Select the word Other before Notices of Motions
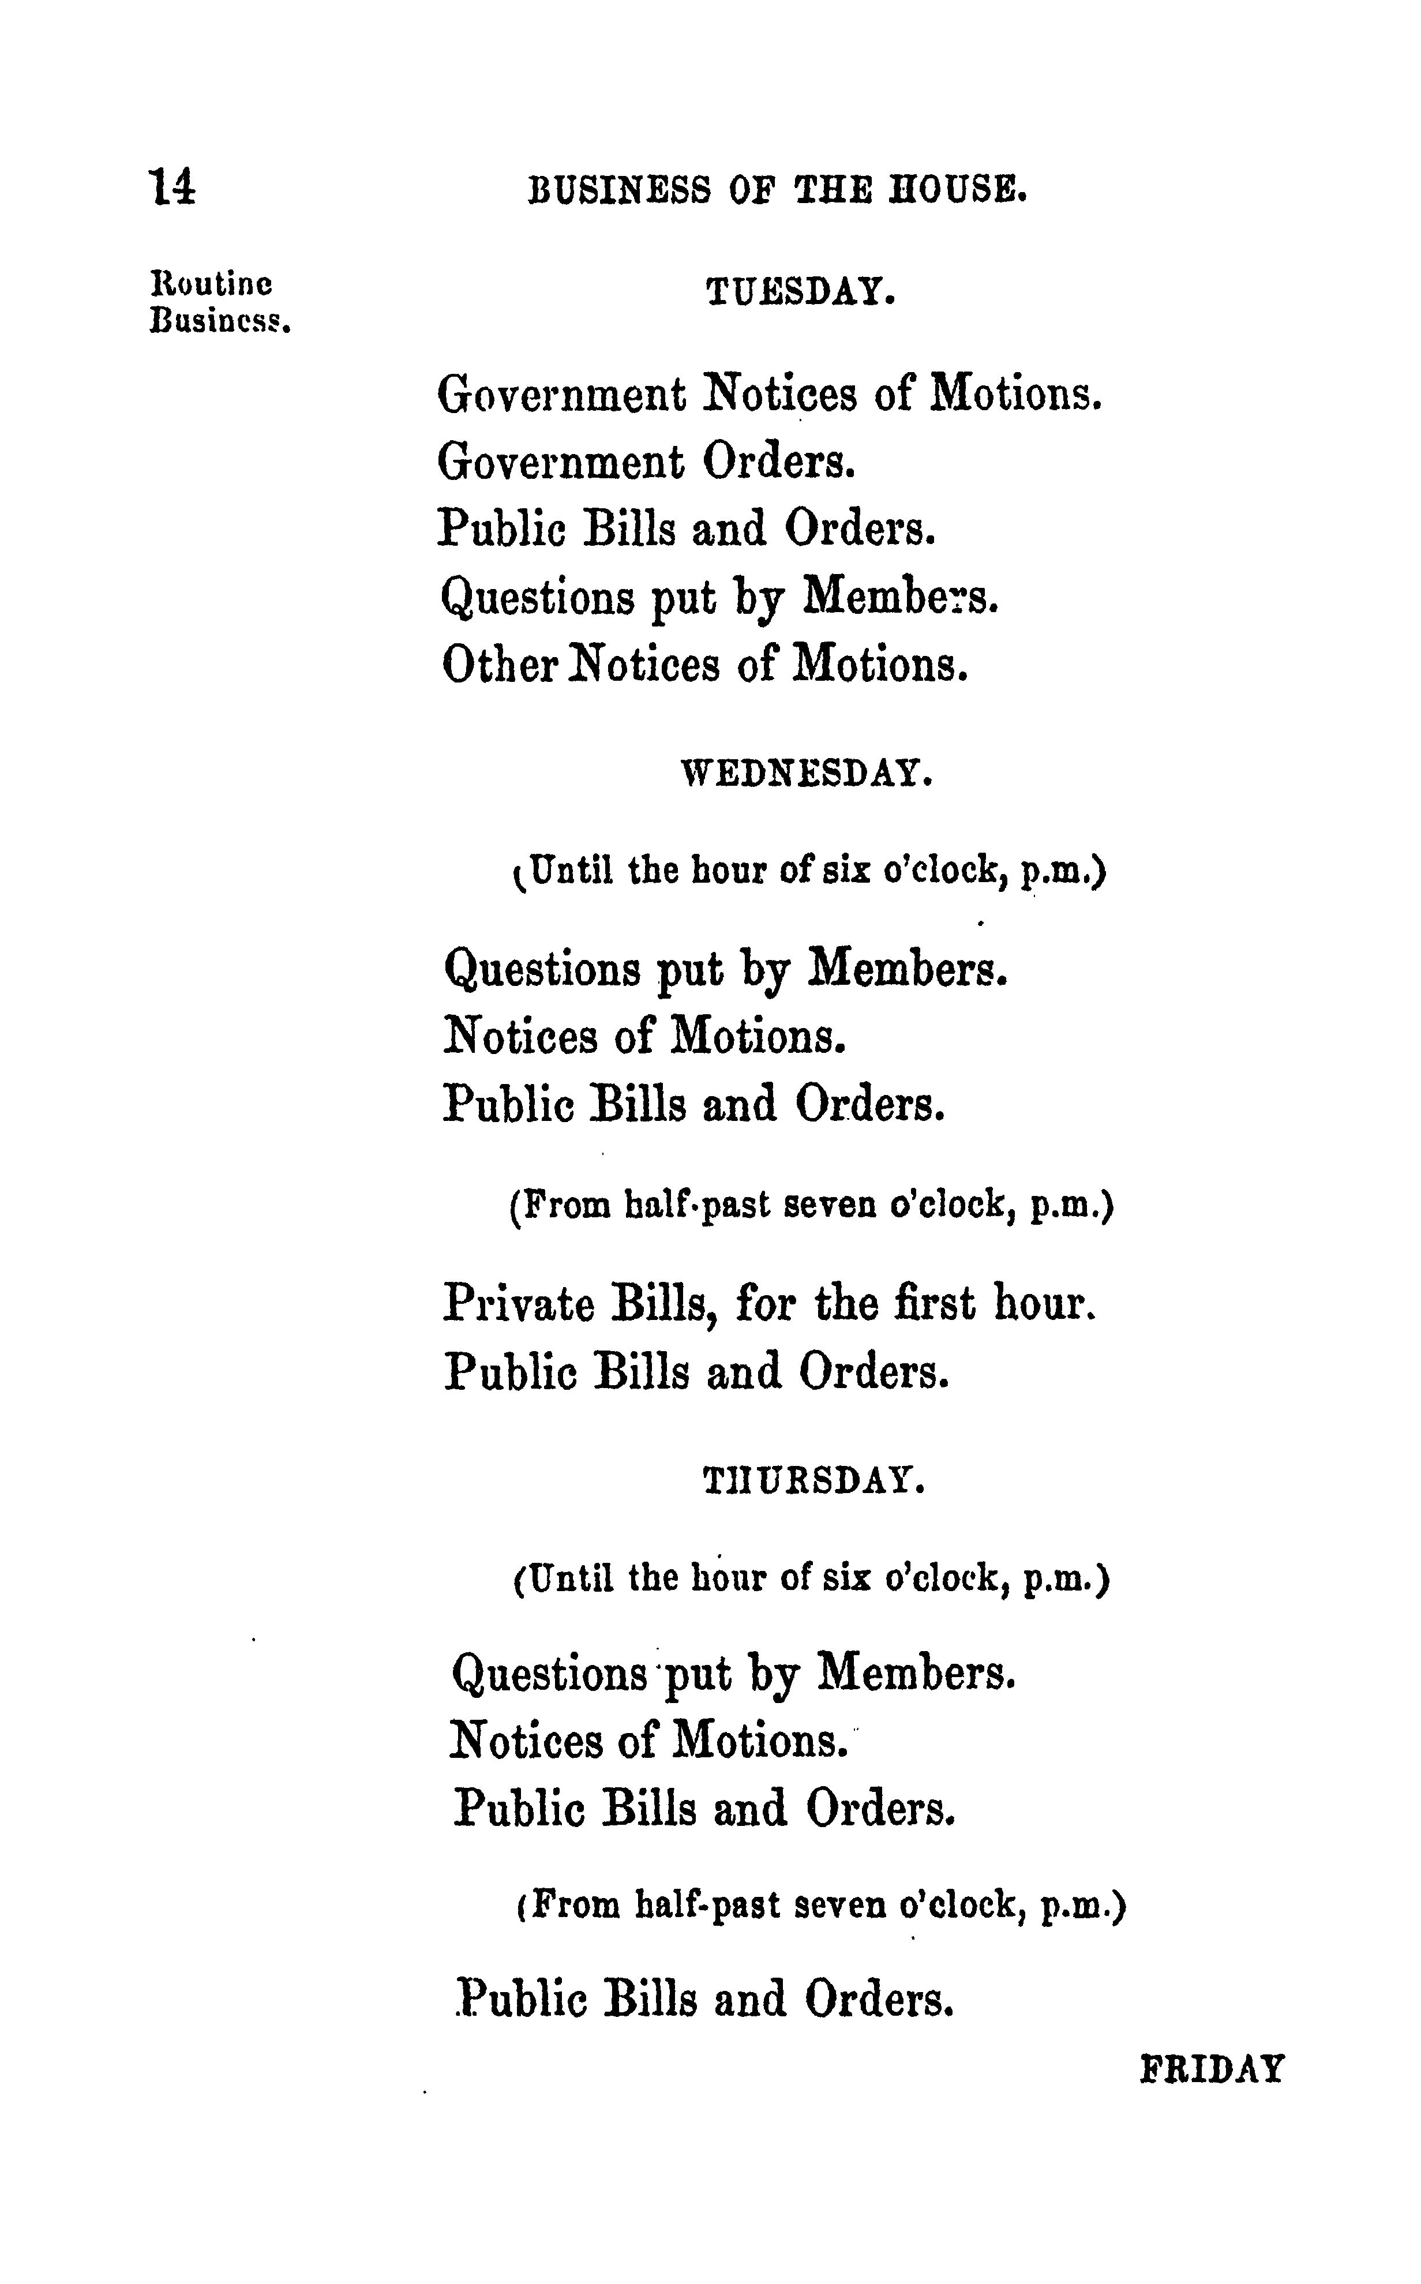click(x=503, y=664)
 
